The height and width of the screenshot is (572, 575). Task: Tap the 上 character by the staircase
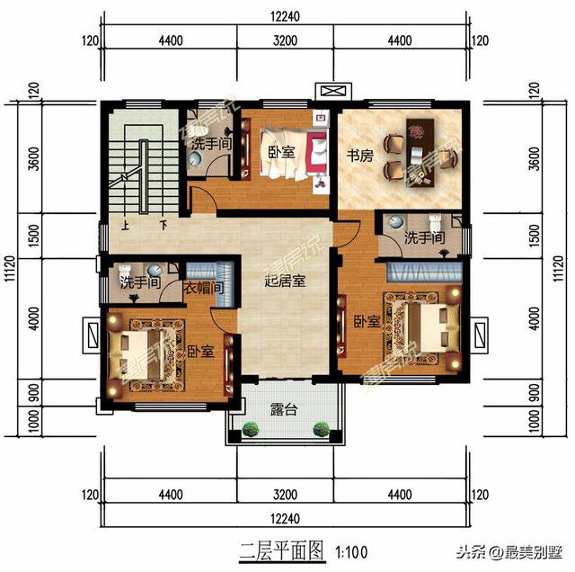[125, 226]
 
